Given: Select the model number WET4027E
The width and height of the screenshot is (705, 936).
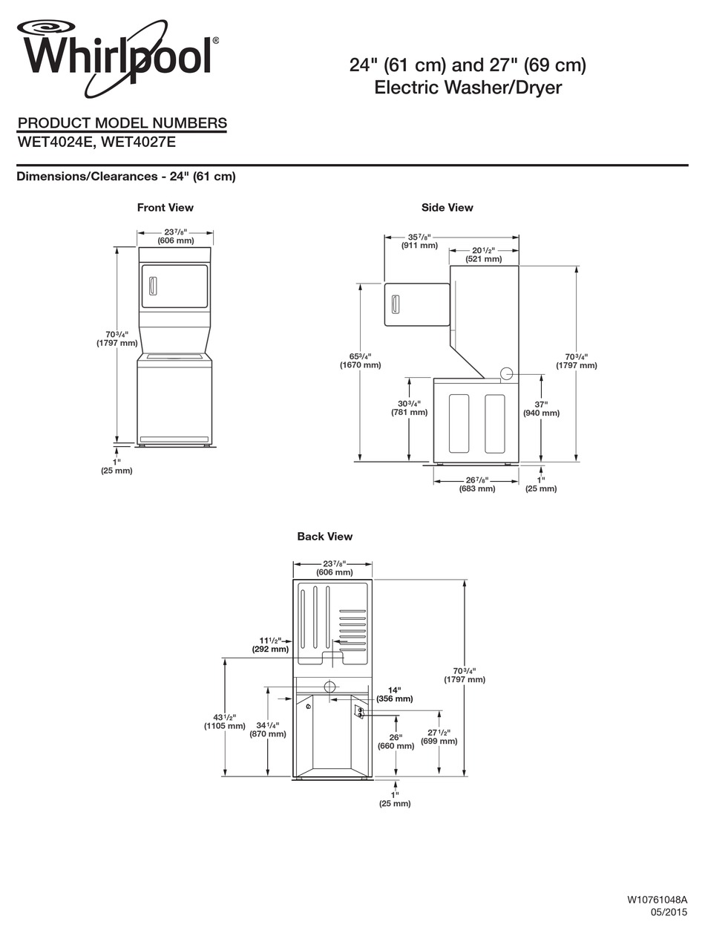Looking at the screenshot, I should point(138,143).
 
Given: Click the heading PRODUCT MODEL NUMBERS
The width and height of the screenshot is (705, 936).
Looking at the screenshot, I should point(122,123).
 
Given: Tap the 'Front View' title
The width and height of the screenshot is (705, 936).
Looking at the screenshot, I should point(165,208).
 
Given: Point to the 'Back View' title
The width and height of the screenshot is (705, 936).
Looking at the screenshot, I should point(324,537).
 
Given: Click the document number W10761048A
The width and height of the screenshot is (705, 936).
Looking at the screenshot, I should point(657,900).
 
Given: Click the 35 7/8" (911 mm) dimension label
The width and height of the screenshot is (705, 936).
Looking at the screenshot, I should point(419,240).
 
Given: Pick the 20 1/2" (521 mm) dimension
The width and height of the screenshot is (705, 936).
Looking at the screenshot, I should point(483,255).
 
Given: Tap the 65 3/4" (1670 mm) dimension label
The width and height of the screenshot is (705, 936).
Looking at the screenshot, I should point(360,361).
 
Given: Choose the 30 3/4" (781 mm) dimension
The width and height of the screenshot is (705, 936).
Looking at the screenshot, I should point(409,408).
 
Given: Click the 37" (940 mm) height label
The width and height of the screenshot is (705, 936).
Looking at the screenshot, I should point(541,408).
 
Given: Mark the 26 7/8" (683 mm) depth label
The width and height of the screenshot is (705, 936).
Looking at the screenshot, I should point(476,484).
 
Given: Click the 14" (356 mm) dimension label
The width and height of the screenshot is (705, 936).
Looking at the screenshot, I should point(394,694).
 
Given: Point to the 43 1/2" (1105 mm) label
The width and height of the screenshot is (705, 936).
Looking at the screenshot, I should point(224,721).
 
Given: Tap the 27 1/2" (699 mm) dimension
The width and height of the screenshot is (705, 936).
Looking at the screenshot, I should point(439,736).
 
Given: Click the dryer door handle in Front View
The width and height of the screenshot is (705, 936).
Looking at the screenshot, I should point(153,286).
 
